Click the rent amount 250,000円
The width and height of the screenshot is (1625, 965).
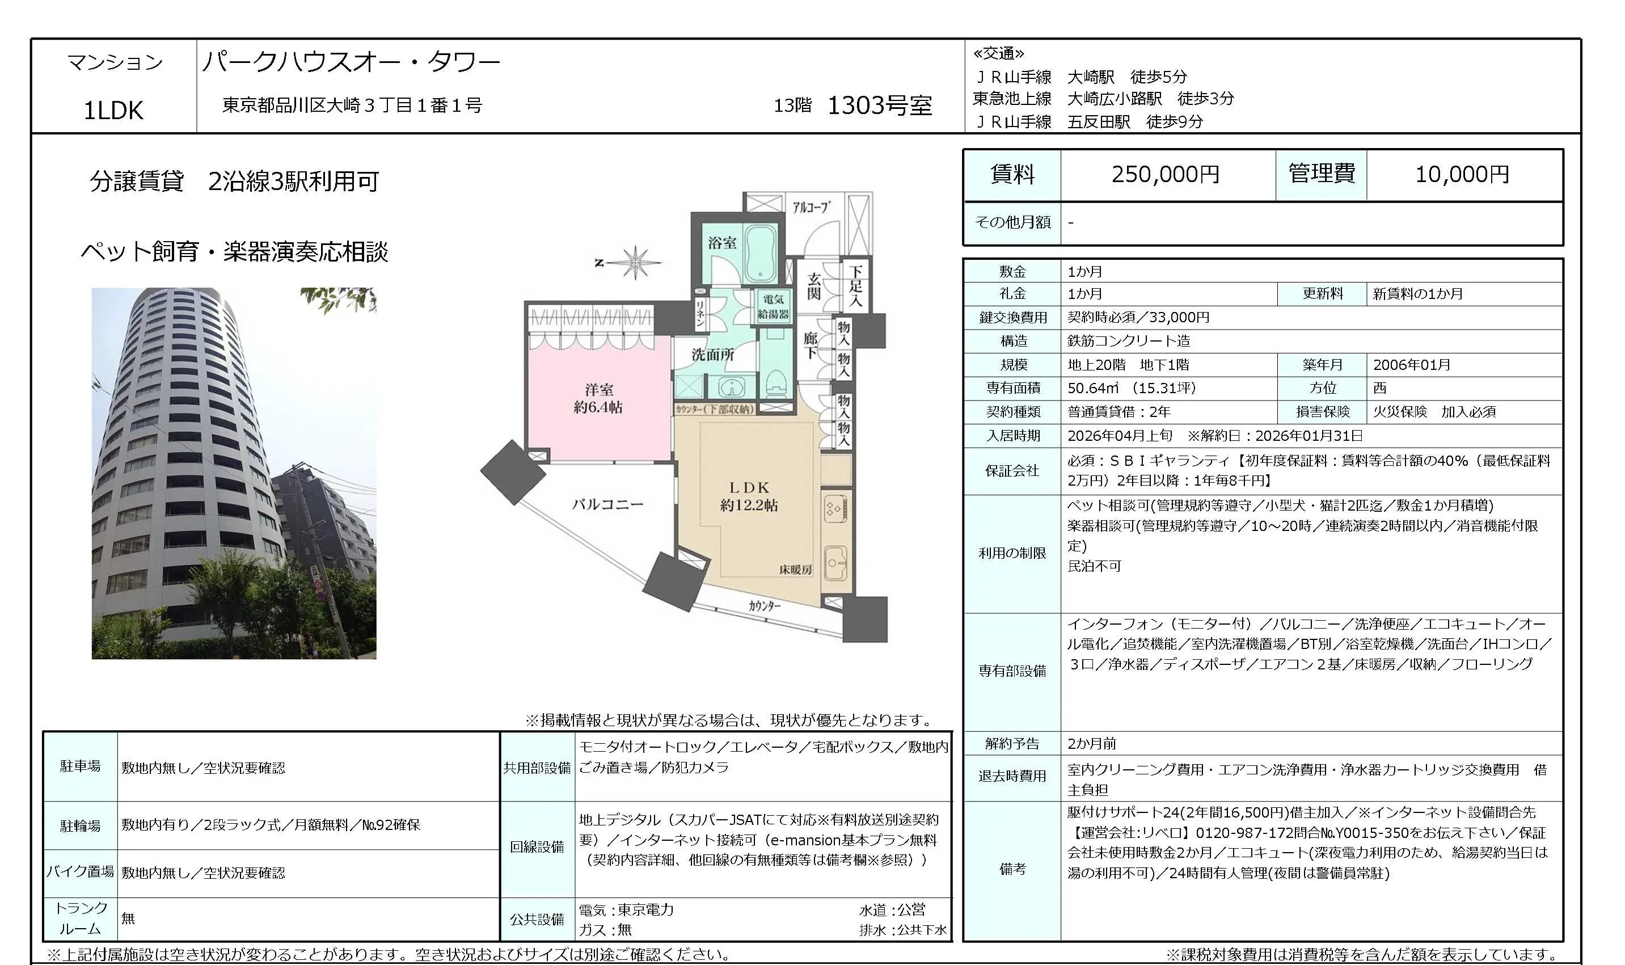[x=1165, y=174]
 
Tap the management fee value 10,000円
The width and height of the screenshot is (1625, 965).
[x=1462, y=174]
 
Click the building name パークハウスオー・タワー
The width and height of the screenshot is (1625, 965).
[x=351, y=62]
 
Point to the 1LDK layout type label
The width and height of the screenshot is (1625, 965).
[x=113, y=111]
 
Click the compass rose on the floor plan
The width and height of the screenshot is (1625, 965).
[x=635, y=263]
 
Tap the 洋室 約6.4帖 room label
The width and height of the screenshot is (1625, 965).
[x=598, y=398]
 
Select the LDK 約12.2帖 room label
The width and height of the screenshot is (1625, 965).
[x=749, y=495]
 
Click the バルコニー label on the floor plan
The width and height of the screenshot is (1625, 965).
[x=607, y=504]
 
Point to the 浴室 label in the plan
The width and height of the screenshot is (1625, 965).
[x=721, y=243]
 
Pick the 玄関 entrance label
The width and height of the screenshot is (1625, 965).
[x=814, y=286]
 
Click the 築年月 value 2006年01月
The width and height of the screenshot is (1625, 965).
[x=1411, y=365]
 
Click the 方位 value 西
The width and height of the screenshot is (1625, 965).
[x=1379, y=388]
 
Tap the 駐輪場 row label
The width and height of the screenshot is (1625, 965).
[x=81, y=826]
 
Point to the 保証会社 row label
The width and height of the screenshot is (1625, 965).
[x=1012, y=471]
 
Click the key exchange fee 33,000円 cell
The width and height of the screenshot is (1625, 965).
[x=1138, y=317]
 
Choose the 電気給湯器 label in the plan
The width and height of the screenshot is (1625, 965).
[x=774, y=306]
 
